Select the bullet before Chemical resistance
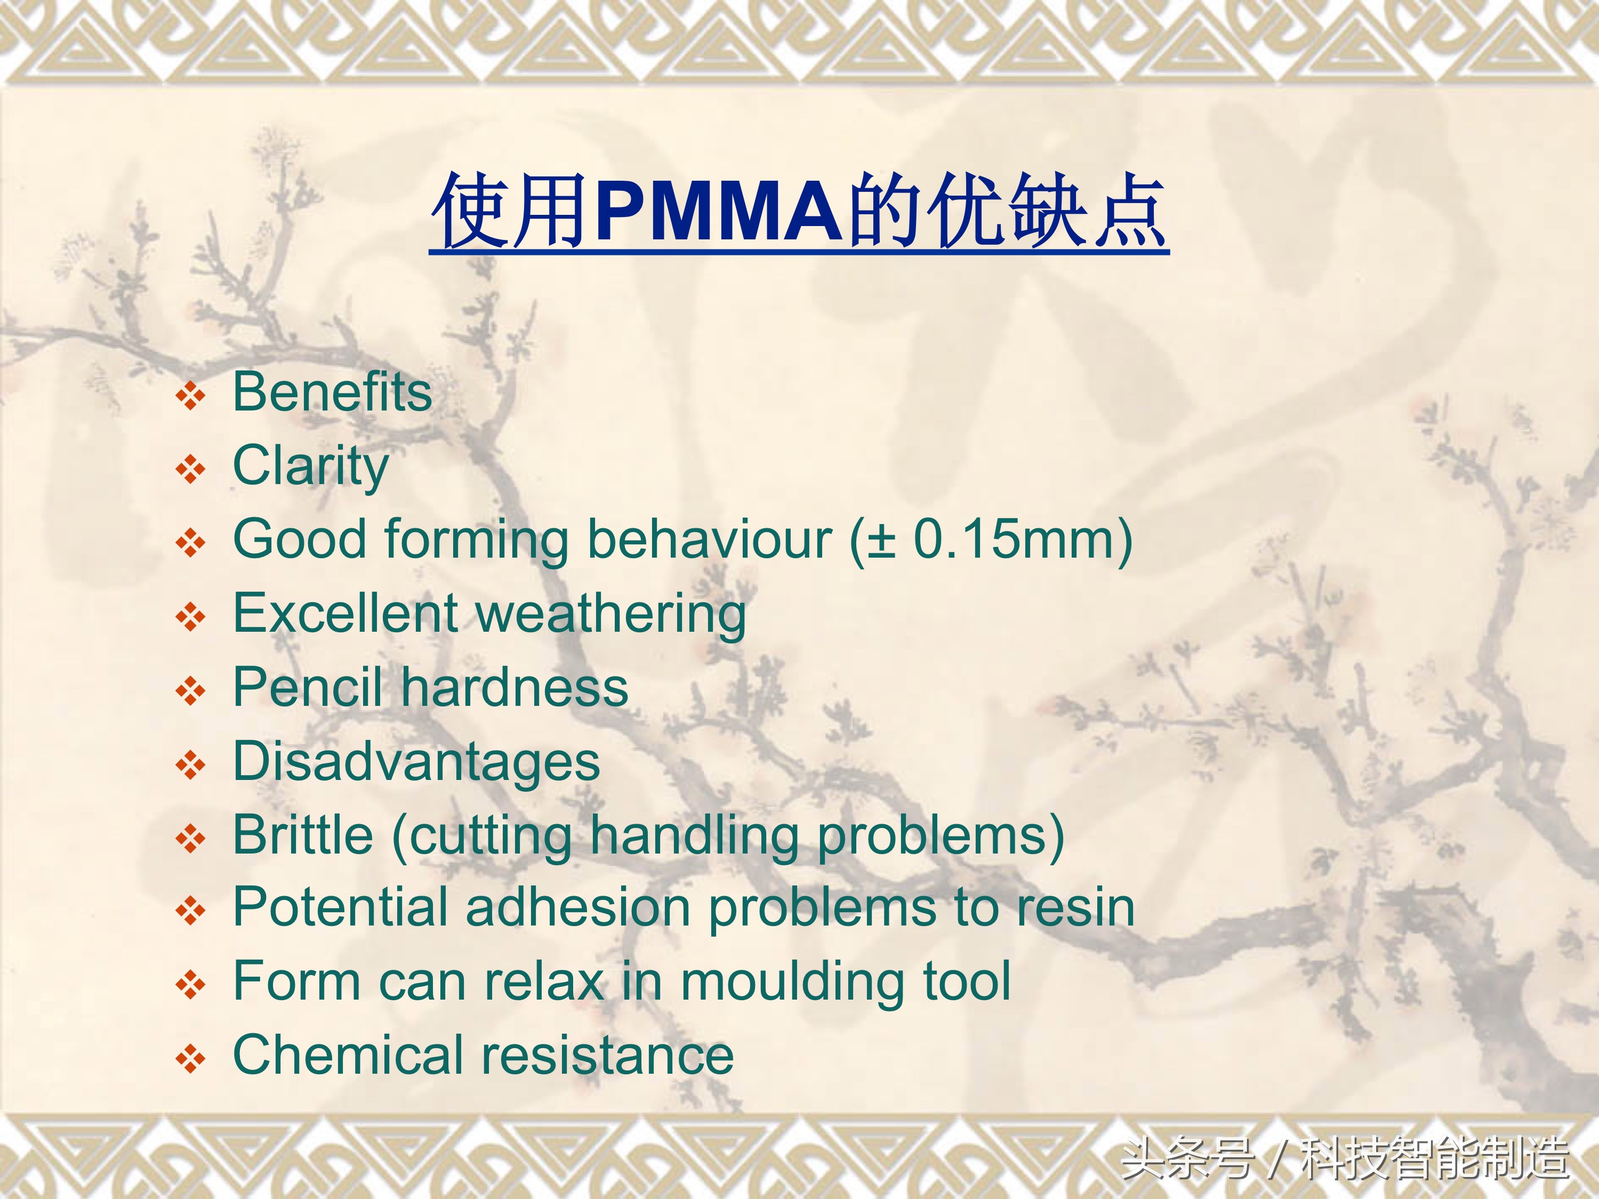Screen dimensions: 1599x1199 pos(191,1059)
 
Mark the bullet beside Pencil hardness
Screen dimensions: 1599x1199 pos(191,691)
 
